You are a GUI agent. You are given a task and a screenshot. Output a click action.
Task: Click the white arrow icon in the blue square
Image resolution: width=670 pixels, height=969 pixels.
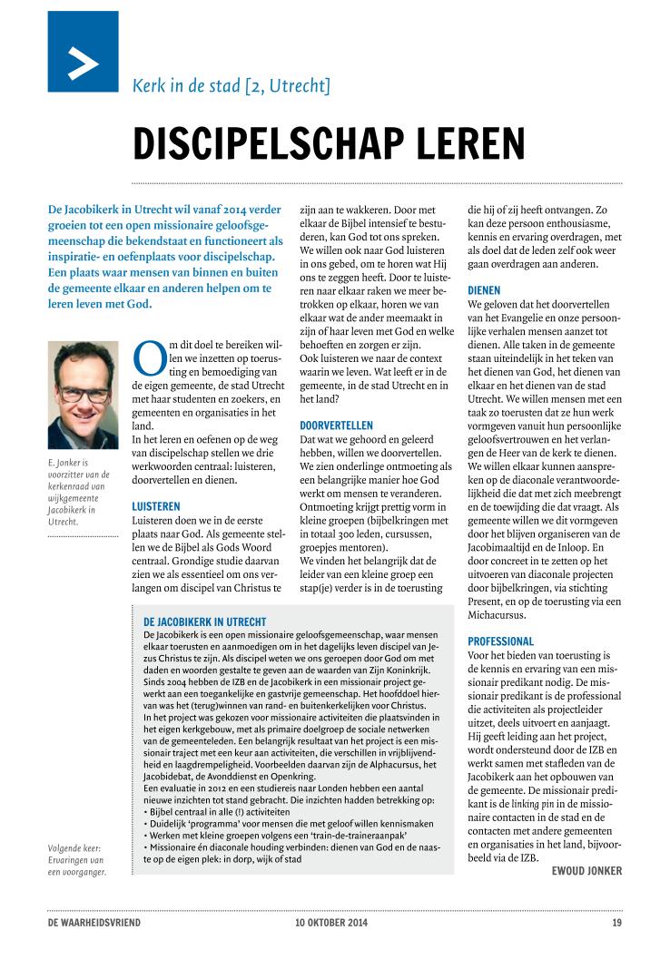[83, 63]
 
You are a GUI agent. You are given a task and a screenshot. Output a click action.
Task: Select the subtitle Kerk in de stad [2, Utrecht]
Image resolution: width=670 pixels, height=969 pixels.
[231, 88]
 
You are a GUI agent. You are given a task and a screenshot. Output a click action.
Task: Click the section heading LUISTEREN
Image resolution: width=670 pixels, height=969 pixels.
[156, 505]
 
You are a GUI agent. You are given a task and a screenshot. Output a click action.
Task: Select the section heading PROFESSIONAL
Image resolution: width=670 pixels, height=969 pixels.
[501, 641]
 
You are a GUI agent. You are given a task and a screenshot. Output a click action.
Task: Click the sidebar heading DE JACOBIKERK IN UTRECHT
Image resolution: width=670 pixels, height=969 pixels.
[211, 622]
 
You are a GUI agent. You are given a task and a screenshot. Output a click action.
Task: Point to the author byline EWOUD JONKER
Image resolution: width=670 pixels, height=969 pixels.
[586, 871]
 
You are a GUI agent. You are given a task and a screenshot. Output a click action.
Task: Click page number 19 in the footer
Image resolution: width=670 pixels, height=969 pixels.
[616, 924]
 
